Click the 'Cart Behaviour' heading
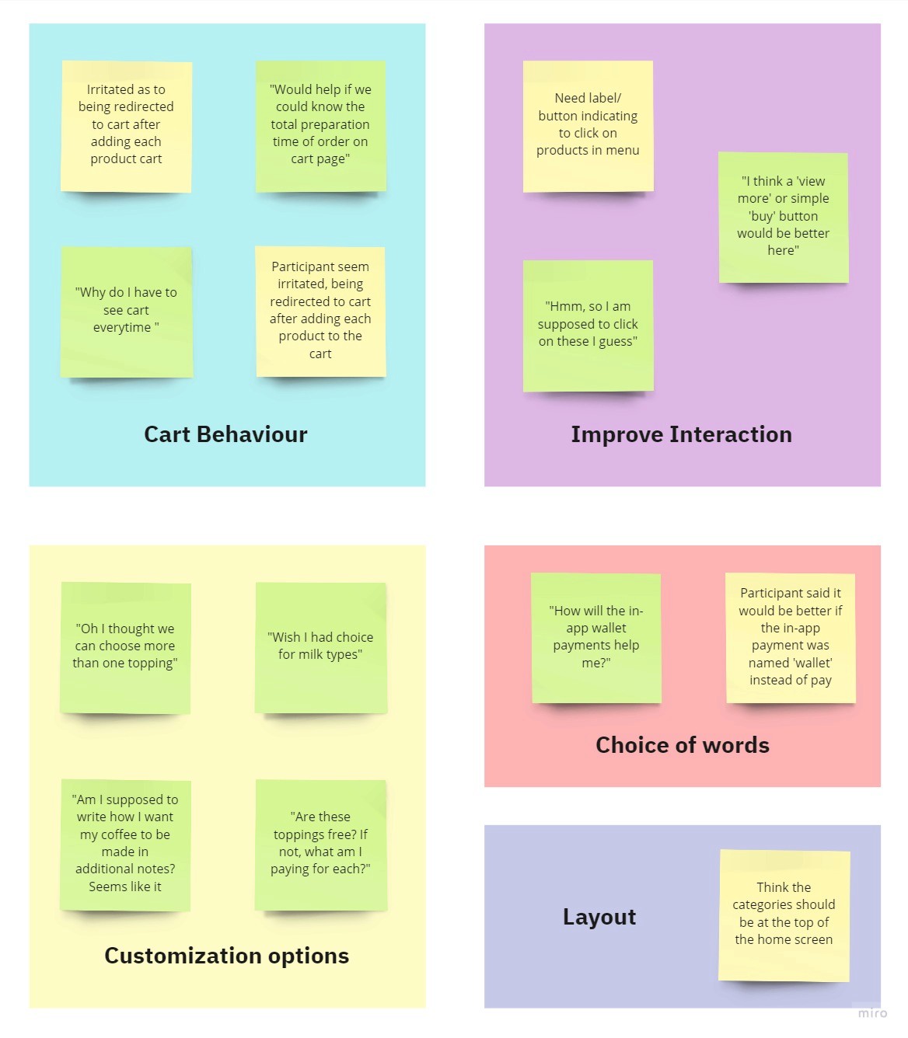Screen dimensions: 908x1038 tap(225, 434)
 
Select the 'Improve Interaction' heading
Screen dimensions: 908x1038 tap(681, 434)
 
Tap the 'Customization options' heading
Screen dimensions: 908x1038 tap(226, 956)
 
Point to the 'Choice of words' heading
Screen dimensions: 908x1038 tap(682, 745)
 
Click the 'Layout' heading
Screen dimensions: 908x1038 tap(599, 917)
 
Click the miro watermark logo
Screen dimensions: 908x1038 tap(871, 1012)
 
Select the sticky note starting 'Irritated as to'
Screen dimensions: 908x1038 tap(126, 125)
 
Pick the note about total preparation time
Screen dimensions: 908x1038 tap(320, 125)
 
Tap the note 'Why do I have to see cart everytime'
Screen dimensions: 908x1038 tap(126, 311)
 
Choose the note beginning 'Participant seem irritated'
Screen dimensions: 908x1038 tap(320, 311)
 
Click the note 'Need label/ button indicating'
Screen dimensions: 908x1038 tap(588, 125)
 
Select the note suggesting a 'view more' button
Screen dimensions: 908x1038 tap(783, 217)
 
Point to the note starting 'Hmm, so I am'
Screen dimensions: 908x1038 tap(588, 325)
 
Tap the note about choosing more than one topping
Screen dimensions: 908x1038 tap(125, 646)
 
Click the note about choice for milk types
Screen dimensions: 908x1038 tap(320, 646)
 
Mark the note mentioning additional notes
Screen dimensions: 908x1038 tap(125, 844)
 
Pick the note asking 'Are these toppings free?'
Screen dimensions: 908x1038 tap(320, 844)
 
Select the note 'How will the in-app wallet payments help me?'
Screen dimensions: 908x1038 tap(596, 637)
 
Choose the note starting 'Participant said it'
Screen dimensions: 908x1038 tap(790, 637)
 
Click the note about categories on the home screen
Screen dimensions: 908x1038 tap(784, 914)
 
